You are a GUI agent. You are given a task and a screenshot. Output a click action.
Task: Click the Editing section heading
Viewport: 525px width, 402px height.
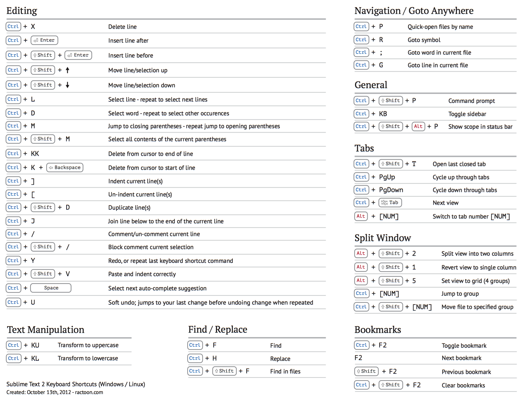click(x=22, y=11)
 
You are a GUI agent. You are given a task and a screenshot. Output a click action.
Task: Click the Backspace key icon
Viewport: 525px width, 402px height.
click(x=65, y=167)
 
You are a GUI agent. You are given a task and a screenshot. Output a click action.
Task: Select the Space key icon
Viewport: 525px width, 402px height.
click(x=51, y=288)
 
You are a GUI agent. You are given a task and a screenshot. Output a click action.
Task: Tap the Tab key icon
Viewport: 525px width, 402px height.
click(x=390, y=203)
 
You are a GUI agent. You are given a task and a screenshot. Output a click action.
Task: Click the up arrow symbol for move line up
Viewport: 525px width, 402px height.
click(x=68, y=70)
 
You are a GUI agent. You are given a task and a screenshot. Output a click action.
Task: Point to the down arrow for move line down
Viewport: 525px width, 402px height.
click(x=68, y=85)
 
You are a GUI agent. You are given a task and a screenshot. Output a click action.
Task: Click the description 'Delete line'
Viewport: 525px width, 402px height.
click(x=122, y=27)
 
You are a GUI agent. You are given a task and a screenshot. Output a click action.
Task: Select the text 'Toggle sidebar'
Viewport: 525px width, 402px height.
click(x=467, y=114)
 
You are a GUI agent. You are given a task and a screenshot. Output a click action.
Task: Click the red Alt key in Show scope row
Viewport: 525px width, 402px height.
click(x=418, y=126)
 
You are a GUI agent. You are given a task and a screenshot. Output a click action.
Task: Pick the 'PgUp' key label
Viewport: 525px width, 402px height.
click(x=387, y=177)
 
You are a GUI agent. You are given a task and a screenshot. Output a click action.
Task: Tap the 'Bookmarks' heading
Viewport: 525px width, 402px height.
click(x=378, y=330)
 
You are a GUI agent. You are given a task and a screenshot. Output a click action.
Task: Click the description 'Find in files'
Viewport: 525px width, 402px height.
click(x=285, y=371)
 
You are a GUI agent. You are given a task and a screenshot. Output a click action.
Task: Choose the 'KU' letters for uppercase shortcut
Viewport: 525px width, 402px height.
click(x=35, y=345)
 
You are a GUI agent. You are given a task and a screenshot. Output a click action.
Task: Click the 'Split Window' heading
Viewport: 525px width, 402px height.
click(x=382, y=238)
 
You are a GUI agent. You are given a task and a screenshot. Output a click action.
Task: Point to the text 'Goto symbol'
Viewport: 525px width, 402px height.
click(x=424, y=40)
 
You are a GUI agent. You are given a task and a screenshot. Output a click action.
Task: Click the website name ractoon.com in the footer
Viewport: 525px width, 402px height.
click(x=89, y=392)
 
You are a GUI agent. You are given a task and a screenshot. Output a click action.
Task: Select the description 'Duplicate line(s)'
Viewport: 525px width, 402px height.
click(x=129, y=208)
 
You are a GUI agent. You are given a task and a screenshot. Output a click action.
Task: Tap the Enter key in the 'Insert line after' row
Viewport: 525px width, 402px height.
click(x=44, y=40)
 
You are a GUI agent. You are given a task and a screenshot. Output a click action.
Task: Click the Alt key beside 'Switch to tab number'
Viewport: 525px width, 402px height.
click(x=361, y=216)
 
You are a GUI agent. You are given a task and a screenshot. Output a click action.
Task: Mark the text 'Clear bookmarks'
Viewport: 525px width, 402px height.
click(x=463, y=385)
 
